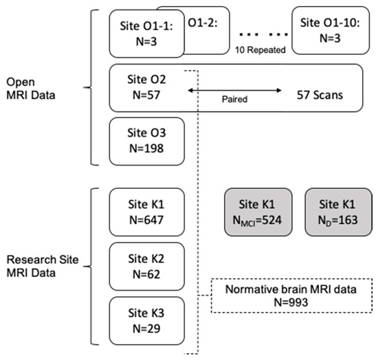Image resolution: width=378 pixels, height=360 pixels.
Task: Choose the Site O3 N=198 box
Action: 145,141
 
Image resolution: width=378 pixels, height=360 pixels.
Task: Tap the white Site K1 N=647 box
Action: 145,213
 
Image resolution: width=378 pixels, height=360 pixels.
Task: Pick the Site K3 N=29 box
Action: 145,319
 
